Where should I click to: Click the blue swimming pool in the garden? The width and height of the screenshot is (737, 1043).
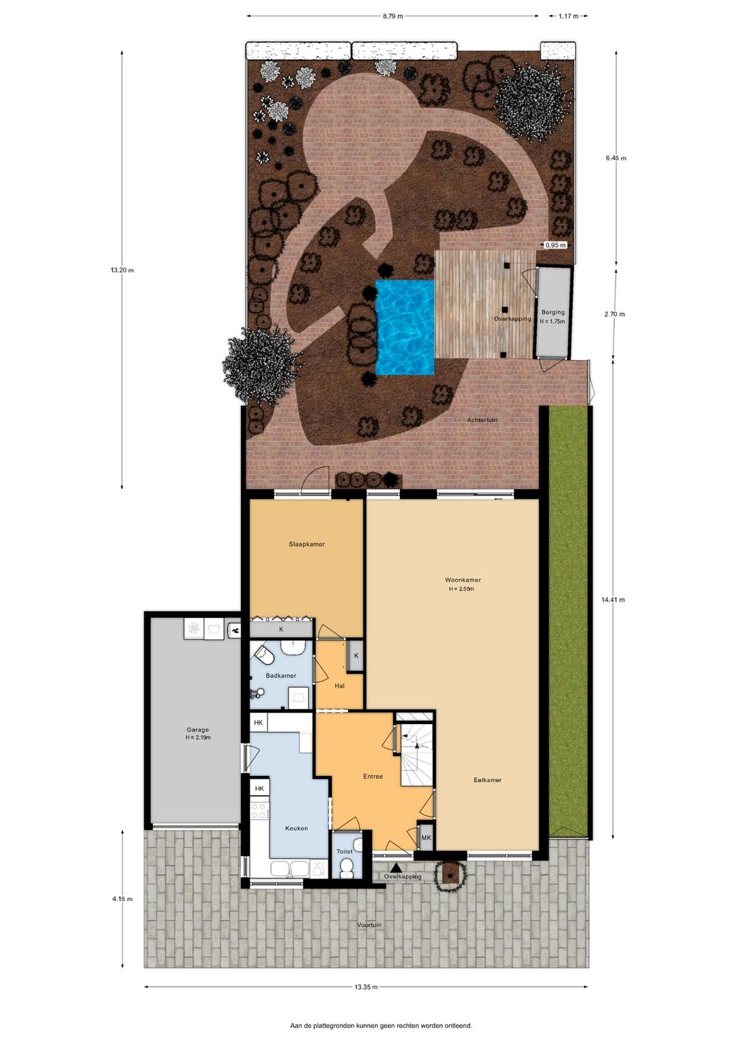point(405,327)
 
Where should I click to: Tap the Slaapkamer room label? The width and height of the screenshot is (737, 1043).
point(306,544)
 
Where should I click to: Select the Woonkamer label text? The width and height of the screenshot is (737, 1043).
point(463,580)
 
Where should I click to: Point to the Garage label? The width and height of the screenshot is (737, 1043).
point(198,729)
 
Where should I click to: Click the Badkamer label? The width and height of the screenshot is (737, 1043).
point(281,675)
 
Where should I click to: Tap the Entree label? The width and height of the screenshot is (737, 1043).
point(373,776)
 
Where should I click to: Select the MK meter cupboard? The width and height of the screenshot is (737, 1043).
point(427,837)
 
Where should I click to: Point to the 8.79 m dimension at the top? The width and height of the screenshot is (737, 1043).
point(392,16)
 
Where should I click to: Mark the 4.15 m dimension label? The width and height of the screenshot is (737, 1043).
point(122,899)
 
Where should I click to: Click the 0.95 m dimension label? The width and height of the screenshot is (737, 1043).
point(555,245)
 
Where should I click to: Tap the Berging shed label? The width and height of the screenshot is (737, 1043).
point(553,312)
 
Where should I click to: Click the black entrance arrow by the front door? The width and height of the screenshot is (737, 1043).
point(396,867)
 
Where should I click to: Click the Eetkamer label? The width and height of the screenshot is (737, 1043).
point(488,780)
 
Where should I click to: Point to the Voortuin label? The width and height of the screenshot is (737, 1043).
point(369,925)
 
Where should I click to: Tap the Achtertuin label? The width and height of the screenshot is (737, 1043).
point(482,419)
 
